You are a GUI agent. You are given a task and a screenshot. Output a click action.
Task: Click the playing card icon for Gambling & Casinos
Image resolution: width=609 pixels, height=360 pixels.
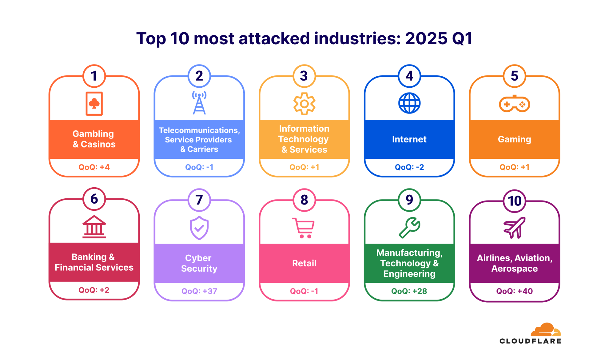click(x=94, y=103)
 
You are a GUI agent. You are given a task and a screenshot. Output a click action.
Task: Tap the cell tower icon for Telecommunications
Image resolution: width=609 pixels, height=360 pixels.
click(x=199, y=103)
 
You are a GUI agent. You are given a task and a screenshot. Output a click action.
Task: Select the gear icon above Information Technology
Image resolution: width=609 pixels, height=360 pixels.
click(x=304, y=104)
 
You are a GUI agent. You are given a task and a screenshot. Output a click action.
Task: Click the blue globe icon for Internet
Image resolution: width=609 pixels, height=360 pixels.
click(x=409, y=103)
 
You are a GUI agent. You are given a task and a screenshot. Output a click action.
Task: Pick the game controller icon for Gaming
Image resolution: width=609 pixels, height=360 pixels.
click(x=514, y=104)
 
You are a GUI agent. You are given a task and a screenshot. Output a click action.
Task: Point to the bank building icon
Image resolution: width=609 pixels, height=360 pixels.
click(x=94, y=227)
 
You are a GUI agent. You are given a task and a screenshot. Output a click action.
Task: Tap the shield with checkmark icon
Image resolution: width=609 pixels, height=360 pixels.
click(x=199, y=228)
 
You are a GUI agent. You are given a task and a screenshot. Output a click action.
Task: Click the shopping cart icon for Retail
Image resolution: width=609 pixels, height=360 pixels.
click(x=304, y=228)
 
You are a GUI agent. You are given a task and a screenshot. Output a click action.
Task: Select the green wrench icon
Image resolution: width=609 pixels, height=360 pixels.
click(x=409, y=228)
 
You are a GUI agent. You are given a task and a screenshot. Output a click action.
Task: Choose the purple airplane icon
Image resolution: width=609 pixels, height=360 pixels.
click(x=514, y=228)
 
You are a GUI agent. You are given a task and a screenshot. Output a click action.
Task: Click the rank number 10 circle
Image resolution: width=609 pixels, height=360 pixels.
click(x=514, y=201)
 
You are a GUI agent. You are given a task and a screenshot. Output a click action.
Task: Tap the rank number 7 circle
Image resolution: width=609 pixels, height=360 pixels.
click(x=199, y=200)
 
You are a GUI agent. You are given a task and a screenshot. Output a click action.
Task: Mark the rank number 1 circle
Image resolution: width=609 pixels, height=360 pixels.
click(x=94, y=76)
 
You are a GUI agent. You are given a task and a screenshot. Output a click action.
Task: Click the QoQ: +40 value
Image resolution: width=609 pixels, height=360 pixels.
click(x=514, y=291)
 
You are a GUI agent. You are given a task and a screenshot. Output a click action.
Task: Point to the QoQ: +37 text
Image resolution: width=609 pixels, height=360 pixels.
click(x=199, y=291)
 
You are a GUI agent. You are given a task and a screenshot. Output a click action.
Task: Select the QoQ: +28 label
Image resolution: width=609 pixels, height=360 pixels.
click(x=409, y=291)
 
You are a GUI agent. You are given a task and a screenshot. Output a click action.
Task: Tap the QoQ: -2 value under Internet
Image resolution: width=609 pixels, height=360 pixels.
click(x=409, y=167)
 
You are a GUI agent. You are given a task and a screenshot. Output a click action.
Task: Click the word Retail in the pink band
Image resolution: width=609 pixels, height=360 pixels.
click(x=304, y=263)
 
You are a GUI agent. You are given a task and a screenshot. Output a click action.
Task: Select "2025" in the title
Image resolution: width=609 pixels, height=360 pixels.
click(x=426, y=39)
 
